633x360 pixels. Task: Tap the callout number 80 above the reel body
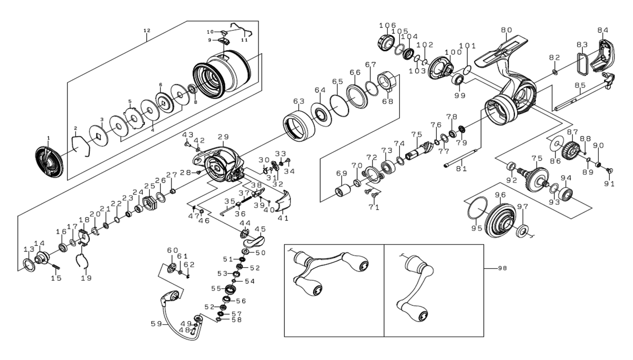pyautogui.click(x=506, y=31)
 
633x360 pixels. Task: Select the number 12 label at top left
pyautogui.click(x=147, y=31)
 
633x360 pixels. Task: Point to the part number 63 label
pyautogui.click(x=299, y=101)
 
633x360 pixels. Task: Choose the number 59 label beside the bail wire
pyautogui.click(x=156, y=324)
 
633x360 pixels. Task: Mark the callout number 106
pyautogui.click(x=387, y=25)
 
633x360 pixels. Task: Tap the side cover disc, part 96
pyautogui.click(x=498, y=221)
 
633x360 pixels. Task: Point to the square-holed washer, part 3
pyautogui.click(x=98, y=137)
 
